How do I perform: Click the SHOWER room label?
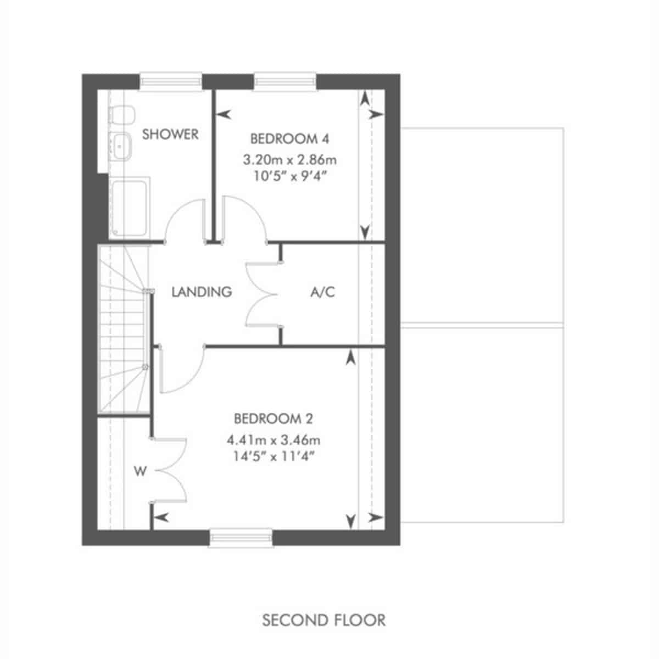tap(170, 134)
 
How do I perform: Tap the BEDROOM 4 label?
tap(289, 139)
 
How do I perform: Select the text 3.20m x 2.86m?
tap(289, 160)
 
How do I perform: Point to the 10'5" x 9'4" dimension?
tap(289, 176)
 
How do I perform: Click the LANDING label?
tap(202, 292)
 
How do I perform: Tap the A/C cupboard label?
tap(322, 292)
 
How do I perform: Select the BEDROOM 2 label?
tap(273, 418)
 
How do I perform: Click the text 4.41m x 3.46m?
tap(273, 440)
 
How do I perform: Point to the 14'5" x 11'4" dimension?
tap(273, 456)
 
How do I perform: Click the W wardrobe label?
tap(140, 471)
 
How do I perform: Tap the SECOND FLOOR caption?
tap(324, 620)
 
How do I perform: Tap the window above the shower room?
tap(171, 81)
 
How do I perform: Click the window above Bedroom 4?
tap(285, 81)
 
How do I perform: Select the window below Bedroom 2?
tap(241, 538)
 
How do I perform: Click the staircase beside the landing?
tap(124, 329)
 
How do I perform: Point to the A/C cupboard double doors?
tap(263, 294)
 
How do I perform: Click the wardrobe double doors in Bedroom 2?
tap(169, 471)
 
